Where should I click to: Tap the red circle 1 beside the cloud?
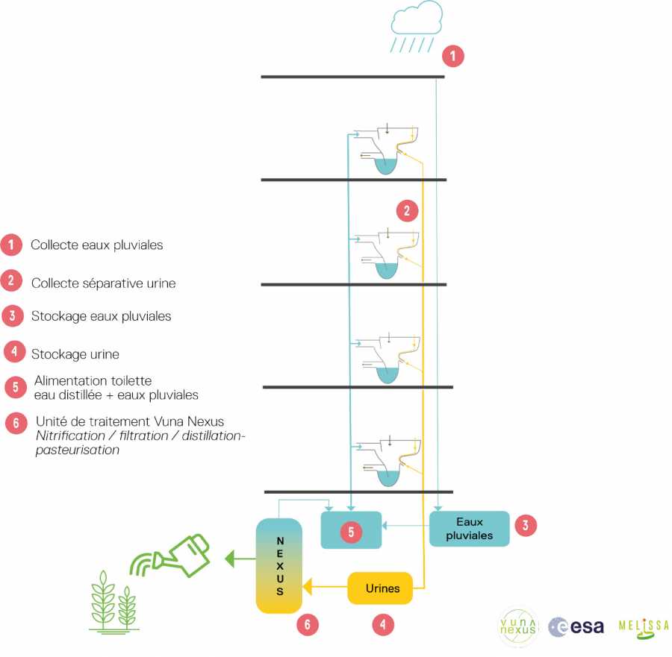point(452,55)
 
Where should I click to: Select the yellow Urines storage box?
point(382,588)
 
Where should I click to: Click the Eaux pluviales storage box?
point(469,528)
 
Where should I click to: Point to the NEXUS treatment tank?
point(279,565)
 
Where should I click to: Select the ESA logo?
point(576,627)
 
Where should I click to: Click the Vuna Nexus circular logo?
point(518,627)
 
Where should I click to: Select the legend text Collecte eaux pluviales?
point(97,245)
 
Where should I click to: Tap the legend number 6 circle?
point(15,422)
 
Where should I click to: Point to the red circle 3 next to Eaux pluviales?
point(526,525)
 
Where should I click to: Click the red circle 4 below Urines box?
point(383,625)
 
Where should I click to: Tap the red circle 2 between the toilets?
point(407,211)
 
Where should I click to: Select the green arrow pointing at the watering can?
point(240,556)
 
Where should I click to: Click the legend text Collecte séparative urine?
point(103,283)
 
